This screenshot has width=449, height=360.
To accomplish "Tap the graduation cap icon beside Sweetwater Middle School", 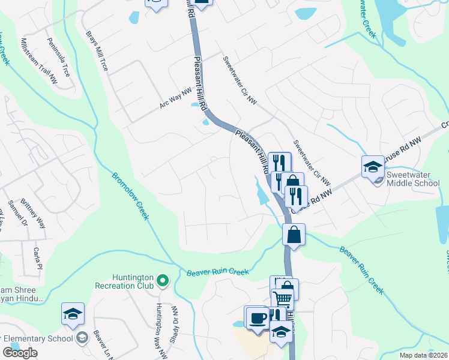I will click(373, 166).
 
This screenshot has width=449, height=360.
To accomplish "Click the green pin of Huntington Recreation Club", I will click(162, 280).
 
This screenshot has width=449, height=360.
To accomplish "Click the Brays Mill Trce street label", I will click(97, 51).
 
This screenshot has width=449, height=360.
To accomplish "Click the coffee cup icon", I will click(258, 317).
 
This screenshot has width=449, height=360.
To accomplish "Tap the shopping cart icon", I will click(282, 298).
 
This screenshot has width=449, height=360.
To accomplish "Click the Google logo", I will click(20, 353).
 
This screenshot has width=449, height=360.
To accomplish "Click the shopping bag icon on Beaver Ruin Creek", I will click(294, 234).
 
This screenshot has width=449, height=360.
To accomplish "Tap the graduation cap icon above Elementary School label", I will click(73, 313).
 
